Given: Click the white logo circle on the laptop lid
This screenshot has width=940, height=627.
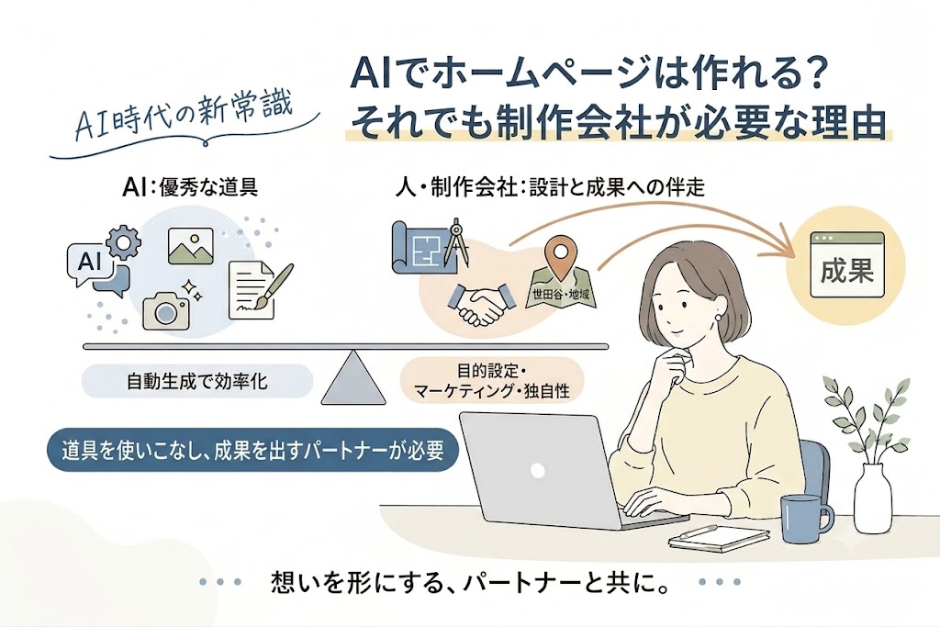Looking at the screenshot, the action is click(538, 470).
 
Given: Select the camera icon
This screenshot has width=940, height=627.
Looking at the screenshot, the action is click(166, 309).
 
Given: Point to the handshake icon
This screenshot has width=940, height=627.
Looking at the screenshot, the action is click(477, 303).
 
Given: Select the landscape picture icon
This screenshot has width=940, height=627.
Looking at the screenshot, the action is click(191, 246).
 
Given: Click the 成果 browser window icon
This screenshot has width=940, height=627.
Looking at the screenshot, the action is click(847, 264).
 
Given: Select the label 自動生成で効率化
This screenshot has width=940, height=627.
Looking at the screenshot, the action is click(196, 382).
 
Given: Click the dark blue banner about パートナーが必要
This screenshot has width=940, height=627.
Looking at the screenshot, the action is click(253, 451).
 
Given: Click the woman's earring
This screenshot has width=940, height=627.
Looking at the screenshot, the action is click(718, 317).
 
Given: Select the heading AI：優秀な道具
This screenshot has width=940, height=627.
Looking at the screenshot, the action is click(189, 188).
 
